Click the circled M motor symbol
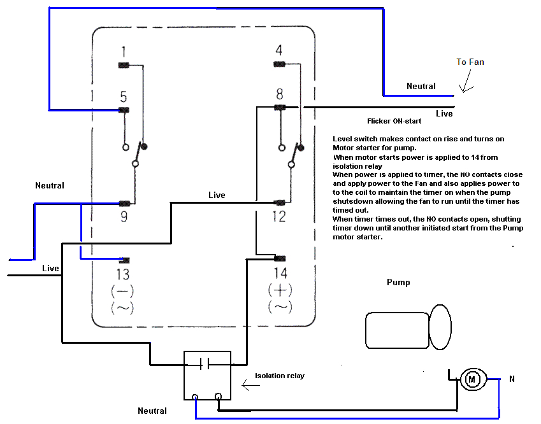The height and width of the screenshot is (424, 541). [472, 380]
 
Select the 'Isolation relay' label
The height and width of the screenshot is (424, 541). [279, 376]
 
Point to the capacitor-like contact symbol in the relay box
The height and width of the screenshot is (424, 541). [205, 364]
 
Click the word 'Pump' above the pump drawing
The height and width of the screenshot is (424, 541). [398, 282]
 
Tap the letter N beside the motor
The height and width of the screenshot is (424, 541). [512, 379]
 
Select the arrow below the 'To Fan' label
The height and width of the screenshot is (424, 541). [469, 83]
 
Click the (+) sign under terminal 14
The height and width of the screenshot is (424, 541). [280, 290]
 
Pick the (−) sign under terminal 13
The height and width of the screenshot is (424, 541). [122, 292]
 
